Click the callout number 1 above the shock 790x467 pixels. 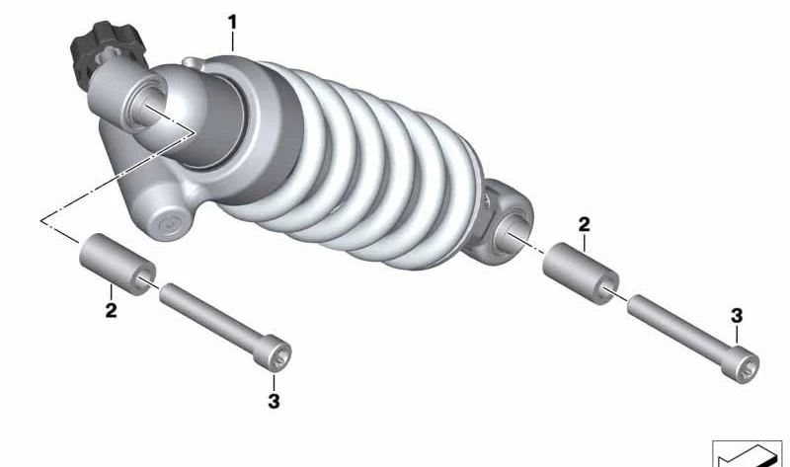pos(232,22)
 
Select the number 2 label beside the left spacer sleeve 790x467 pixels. pos(111,310)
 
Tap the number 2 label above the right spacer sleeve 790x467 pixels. pos(584,224)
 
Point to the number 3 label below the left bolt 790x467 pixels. pos(274,402)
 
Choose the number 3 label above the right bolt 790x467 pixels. pos(737,316)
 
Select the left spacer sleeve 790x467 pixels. pos(118,264)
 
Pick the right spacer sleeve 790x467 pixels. pos(581,273)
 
